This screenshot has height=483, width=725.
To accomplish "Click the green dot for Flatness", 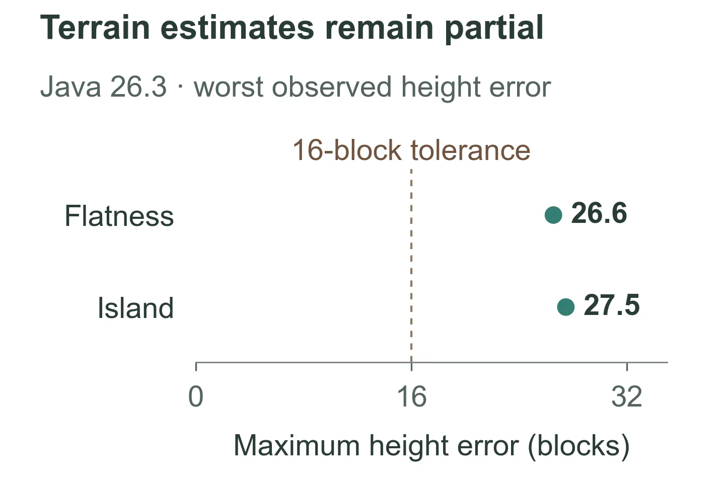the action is (553, 215).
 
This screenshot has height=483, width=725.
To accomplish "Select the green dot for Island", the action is (566, 307).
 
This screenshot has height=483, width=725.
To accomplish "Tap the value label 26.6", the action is (599, 213).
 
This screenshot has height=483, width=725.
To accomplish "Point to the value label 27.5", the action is (612, 305).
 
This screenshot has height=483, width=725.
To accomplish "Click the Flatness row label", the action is (119, 216).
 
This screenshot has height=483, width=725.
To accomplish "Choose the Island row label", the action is (135, 307).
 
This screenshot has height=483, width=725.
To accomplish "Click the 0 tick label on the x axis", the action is (196, 396).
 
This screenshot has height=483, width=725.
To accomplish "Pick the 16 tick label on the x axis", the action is (412, 396).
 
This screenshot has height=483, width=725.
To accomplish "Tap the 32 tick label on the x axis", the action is (627, 396).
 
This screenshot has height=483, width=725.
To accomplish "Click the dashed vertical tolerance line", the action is (411, 265).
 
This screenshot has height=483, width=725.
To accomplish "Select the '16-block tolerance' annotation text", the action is (411, 150).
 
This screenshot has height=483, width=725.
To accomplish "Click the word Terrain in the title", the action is (95, 28).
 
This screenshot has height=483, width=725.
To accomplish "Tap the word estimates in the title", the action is (237, 29).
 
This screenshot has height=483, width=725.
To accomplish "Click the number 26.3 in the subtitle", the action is (138, 87).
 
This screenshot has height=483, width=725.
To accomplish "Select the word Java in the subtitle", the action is (70, 87).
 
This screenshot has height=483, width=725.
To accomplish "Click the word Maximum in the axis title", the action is (297, 446).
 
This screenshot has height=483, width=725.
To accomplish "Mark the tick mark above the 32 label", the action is (627, 367).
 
